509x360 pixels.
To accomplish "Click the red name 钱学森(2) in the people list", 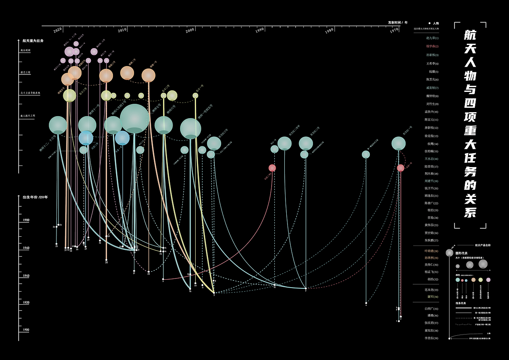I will coord(432,46).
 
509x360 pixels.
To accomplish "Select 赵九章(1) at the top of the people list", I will coord(432,38).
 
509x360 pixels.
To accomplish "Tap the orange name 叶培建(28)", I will coord(431,251).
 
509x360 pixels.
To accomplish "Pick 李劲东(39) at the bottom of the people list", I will coord(431,338).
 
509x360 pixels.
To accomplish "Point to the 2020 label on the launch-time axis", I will coord(58,30).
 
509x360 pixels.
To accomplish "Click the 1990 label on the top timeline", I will coord(260,30).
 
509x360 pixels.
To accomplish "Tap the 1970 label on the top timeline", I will coord(394,30).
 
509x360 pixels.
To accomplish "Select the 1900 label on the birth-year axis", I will coord(26,330).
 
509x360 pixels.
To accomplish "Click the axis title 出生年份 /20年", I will coord(35,197).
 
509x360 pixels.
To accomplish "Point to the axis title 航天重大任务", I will coord(33,41).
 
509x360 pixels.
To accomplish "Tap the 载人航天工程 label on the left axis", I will coord(28,116).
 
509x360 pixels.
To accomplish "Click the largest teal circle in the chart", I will coord(135,119).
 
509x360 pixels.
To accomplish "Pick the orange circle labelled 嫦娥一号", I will coord(148,75).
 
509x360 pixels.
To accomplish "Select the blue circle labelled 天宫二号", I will coord(86,138).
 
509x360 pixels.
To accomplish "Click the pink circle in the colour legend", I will coord(488,280).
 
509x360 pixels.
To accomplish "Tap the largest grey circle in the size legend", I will coord(483,264).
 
